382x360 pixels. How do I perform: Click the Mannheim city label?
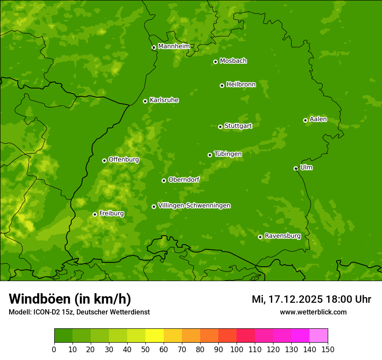174,46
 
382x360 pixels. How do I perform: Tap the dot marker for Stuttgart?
220,127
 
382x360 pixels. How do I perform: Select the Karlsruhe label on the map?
164,100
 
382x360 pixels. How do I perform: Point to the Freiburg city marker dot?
95,214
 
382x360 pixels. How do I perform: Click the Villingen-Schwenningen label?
194,206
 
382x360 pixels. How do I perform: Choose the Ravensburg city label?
282,236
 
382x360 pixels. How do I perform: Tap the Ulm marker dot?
296,168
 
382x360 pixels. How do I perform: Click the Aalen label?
318,119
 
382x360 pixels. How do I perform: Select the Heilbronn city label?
241,85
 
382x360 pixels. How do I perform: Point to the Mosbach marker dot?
215,62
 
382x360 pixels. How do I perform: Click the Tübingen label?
227,154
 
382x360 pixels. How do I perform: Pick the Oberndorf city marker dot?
164,180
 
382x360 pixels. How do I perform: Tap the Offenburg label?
124,160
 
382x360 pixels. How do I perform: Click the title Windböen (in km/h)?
70,299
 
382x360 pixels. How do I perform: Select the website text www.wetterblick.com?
313,312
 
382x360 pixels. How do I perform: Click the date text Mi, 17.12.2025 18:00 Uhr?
311,299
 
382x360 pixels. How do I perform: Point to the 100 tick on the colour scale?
237,349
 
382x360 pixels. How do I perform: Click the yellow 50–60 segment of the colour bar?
155,336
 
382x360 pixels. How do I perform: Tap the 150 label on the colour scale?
328,349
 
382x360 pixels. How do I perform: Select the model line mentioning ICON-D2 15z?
79,312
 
